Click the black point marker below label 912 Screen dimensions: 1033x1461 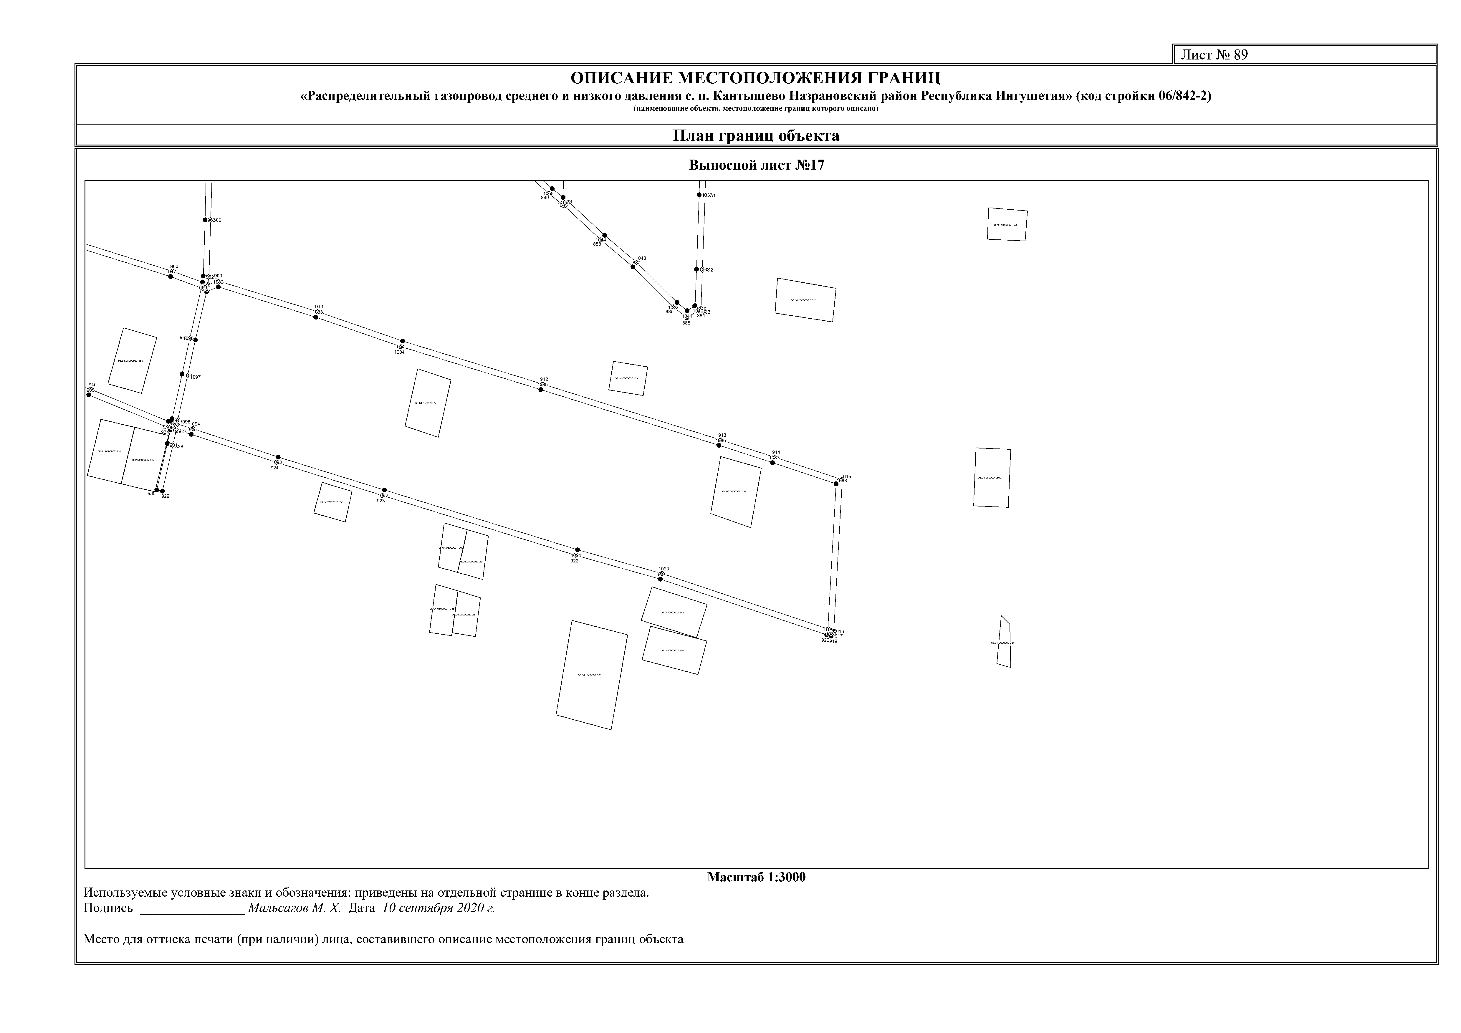point(541,389)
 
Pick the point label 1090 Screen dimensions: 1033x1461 point(664,569)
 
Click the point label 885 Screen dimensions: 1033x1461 point(686,323)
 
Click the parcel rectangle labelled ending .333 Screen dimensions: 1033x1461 point(591,675)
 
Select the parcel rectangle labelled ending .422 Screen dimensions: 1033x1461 point(1007,225)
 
